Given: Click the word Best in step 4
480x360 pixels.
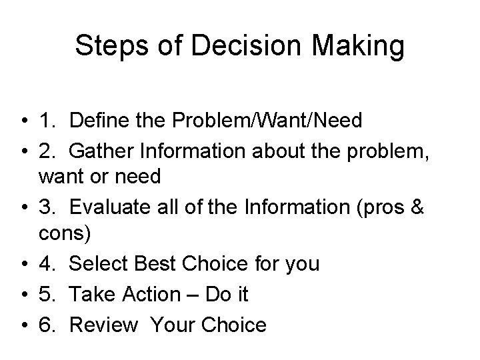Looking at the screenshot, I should [157, 265].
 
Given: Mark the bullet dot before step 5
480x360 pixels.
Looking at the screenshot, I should [23, 294].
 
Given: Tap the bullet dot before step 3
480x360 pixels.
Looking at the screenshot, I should [23, 207].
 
